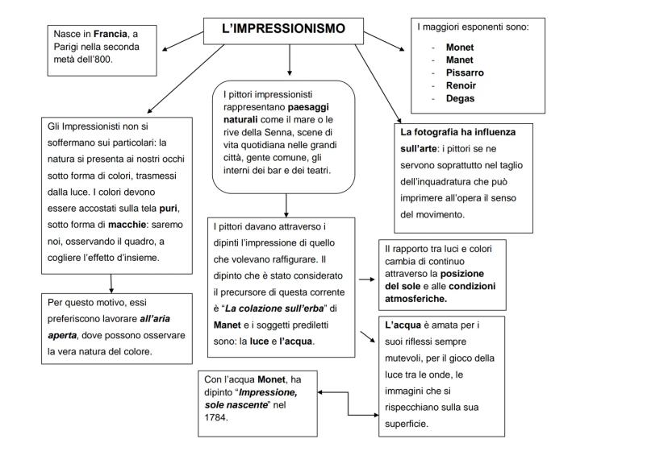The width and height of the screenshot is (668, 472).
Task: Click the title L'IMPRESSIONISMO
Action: point(283,29)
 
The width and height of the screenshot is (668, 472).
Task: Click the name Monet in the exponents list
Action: point(459,47)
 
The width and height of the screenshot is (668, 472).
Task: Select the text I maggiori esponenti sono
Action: point(473,27)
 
